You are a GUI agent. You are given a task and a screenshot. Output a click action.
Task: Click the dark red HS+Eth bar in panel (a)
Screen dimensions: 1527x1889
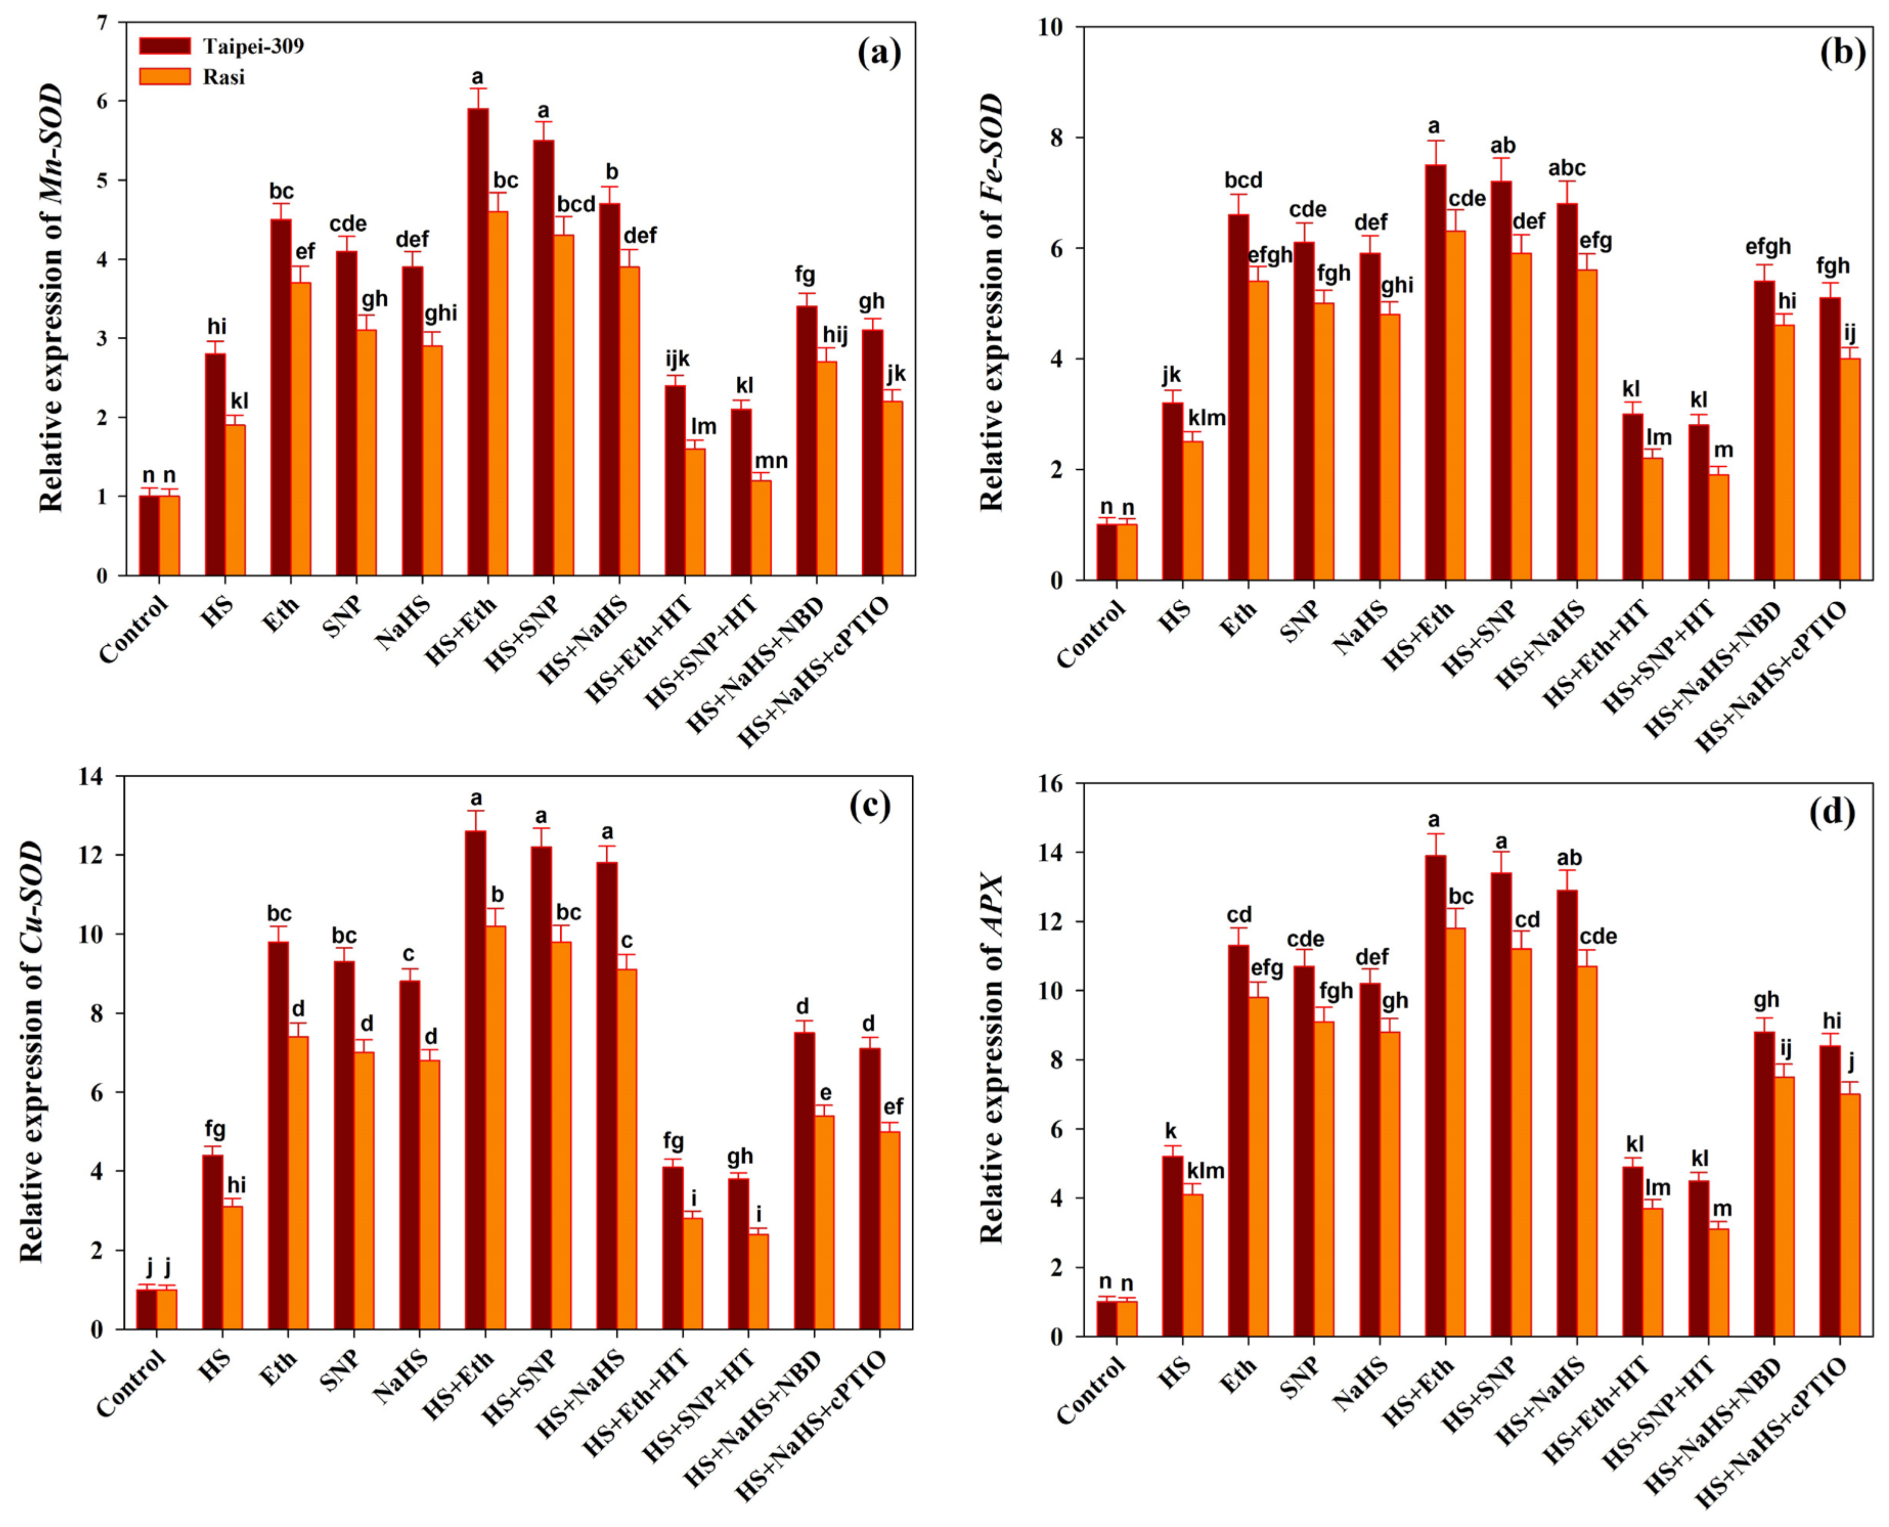pos(477,343)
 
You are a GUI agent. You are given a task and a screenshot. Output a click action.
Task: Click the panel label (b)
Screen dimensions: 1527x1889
pos(1841,55)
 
